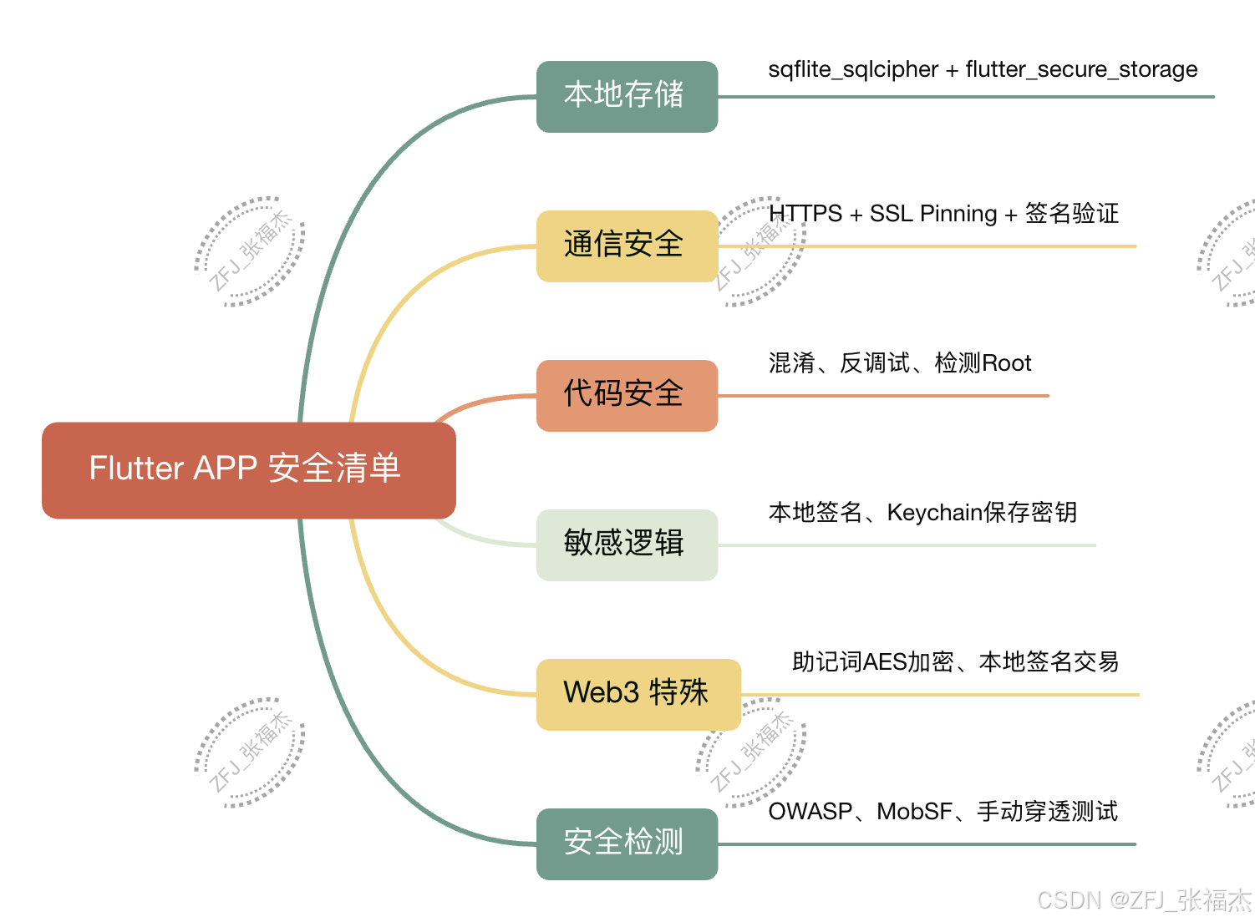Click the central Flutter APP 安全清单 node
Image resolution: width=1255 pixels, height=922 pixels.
[x=248, y=469]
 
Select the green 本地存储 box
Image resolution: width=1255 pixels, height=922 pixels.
[x=627, y=96]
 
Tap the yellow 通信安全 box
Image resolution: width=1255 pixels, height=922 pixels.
[x=627, y=246]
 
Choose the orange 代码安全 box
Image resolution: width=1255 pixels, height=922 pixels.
[x=627, y=395]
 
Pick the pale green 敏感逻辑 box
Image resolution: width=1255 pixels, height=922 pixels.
[x=627, y=545]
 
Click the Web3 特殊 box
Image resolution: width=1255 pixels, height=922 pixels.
[x=638, y=694]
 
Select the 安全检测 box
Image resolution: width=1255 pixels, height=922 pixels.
[x=627, y=843]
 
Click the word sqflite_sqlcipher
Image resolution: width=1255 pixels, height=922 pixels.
[x=853, y=69]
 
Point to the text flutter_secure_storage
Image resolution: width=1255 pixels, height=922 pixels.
[x=1081, y=69]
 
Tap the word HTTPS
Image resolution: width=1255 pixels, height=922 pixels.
[x=805, y=214]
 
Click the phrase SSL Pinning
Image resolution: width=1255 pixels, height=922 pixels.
[x=933, y=214]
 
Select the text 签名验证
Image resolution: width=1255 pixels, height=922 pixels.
[x=1072, y=214]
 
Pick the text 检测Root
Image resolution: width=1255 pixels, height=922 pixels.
[x=983, y=363]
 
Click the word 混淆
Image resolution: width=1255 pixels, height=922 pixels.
[x=791, y=363]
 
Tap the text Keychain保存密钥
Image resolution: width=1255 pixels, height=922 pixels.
[x=982, y=513]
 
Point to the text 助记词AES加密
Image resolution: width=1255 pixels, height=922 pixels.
[x=872, y=662]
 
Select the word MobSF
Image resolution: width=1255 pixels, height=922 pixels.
[x=915, y=812]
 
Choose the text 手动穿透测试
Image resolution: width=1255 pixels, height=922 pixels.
[x=1047, y=812]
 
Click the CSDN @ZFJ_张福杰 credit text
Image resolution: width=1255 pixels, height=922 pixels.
[x=1143, y=900]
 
